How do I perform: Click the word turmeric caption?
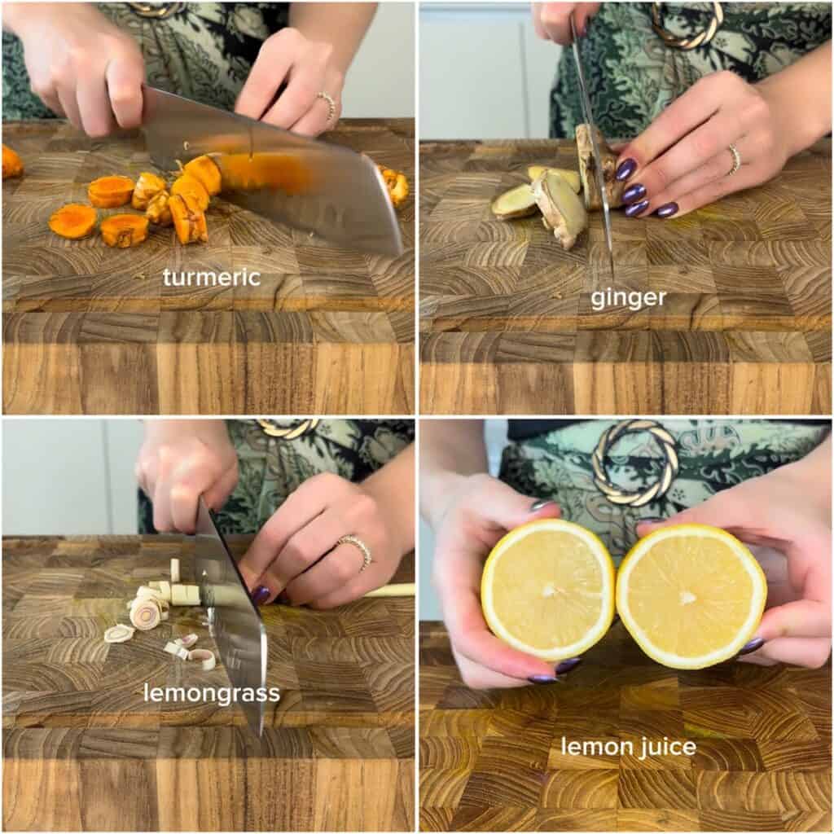212,277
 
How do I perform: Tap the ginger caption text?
628,298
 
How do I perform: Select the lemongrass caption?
212,694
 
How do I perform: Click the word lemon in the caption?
595,747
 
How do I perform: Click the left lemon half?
548,590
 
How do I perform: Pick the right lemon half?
691,595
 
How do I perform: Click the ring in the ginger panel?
735,159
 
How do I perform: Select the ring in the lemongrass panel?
357,550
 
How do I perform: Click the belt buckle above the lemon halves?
636,463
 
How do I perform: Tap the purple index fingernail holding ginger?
625,169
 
